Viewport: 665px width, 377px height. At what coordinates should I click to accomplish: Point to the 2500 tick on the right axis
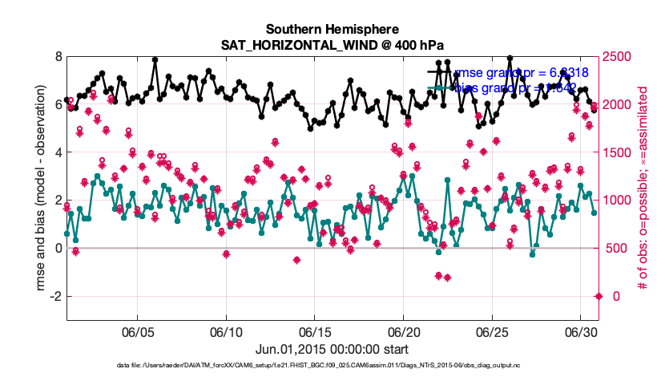[618, 57]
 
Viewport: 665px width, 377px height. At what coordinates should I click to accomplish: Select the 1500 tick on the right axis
[618, 152]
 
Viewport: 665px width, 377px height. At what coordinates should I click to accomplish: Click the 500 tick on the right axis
[615, 249]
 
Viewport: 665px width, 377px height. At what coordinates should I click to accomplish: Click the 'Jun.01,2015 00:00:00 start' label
[332, 349]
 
